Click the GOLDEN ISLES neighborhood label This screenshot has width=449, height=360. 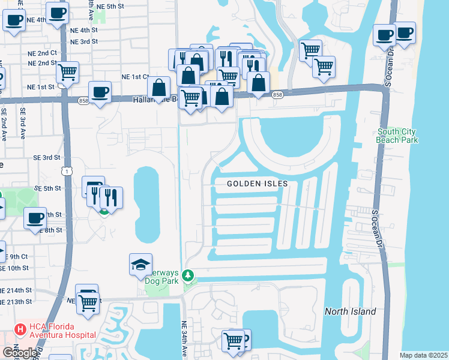(258, 184)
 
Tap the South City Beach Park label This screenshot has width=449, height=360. (397, 136)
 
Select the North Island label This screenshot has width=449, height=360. (350, 311)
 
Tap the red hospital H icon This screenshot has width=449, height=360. (20, 329)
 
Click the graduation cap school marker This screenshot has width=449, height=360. (140, 265)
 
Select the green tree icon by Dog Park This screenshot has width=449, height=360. (189, 276)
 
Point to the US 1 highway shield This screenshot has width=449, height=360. (70, 172)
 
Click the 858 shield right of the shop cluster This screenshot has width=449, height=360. (277, 95)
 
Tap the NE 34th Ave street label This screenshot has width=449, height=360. (184, 340)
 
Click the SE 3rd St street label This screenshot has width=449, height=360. (47, 157)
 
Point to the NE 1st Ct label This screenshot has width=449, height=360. (135, 77)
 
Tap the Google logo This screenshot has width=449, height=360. (20, 353)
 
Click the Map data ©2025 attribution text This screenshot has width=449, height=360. (423, 355)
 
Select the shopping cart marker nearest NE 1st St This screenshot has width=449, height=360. (68, 72)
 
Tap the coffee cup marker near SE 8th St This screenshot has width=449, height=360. (35, 218)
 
